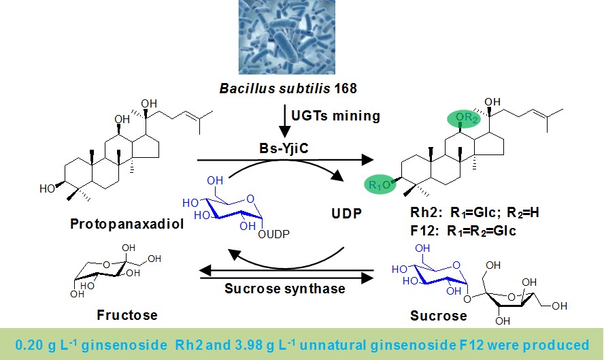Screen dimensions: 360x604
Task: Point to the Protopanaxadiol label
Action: pos(127,223)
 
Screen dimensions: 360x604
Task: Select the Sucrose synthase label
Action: pos(285,288)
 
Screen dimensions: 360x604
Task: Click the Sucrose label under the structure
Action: pos(439,316)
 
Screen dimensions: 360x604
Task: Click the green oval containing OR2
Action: pos(467,120)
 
